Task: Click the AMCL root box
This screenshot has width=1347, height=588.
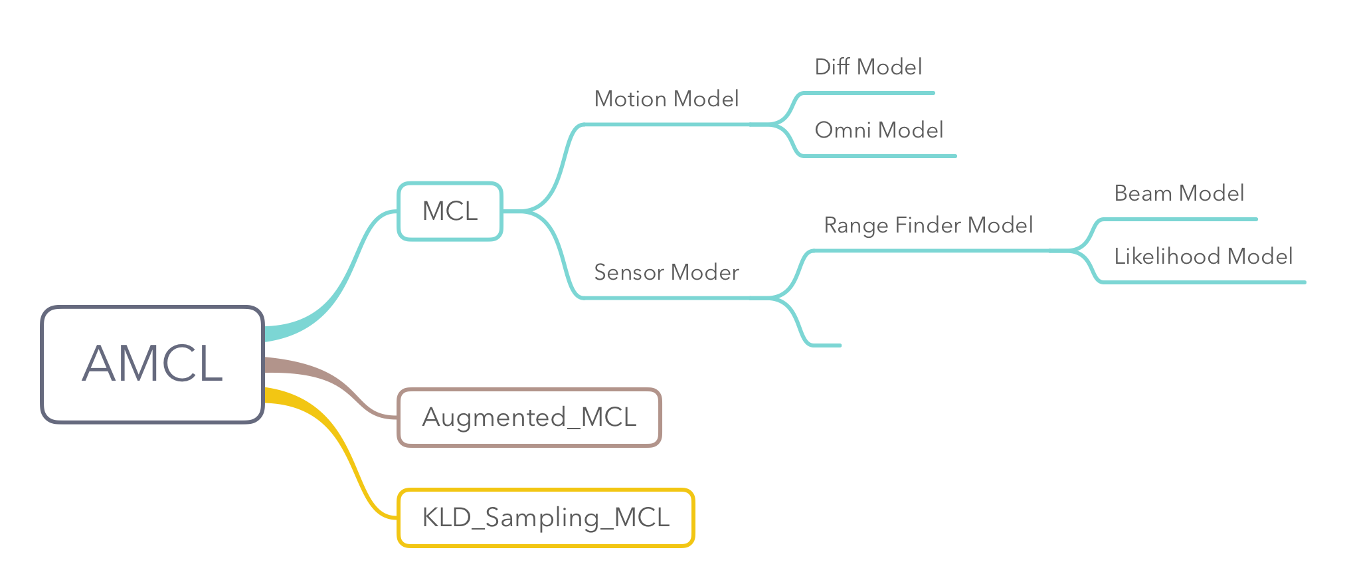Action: coord(152,364)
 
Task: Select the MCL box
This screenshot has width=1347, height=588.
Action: coord(450,211)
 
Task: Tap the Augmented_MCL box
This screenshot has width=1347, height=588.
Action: coord(529,417)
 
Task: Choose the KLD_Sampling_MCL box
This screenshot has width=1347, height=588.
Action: coord(545,518)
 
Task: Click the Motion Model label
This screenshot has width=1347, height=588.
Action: coord(666,99)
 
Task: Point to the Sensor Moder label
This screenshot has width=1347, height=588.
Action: coord(666,272)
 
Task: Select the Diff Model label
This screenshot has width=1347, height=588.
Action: coord(868,67)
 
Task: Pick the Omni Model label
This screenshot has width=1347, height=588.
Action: coord(879,130)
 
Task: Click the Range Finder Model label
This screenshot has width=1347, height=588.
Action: coord(928,225)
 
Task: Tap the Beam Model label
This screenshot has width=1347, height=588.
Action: coord(1179,193)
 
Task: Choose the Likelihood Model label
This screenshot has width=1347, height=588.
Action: coord(1203,256)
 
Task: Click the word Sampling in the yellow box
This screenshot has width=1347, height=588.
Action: coord(542,518)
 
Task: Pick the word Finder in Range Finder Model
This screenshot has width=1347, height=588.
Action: coord(928,225)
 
